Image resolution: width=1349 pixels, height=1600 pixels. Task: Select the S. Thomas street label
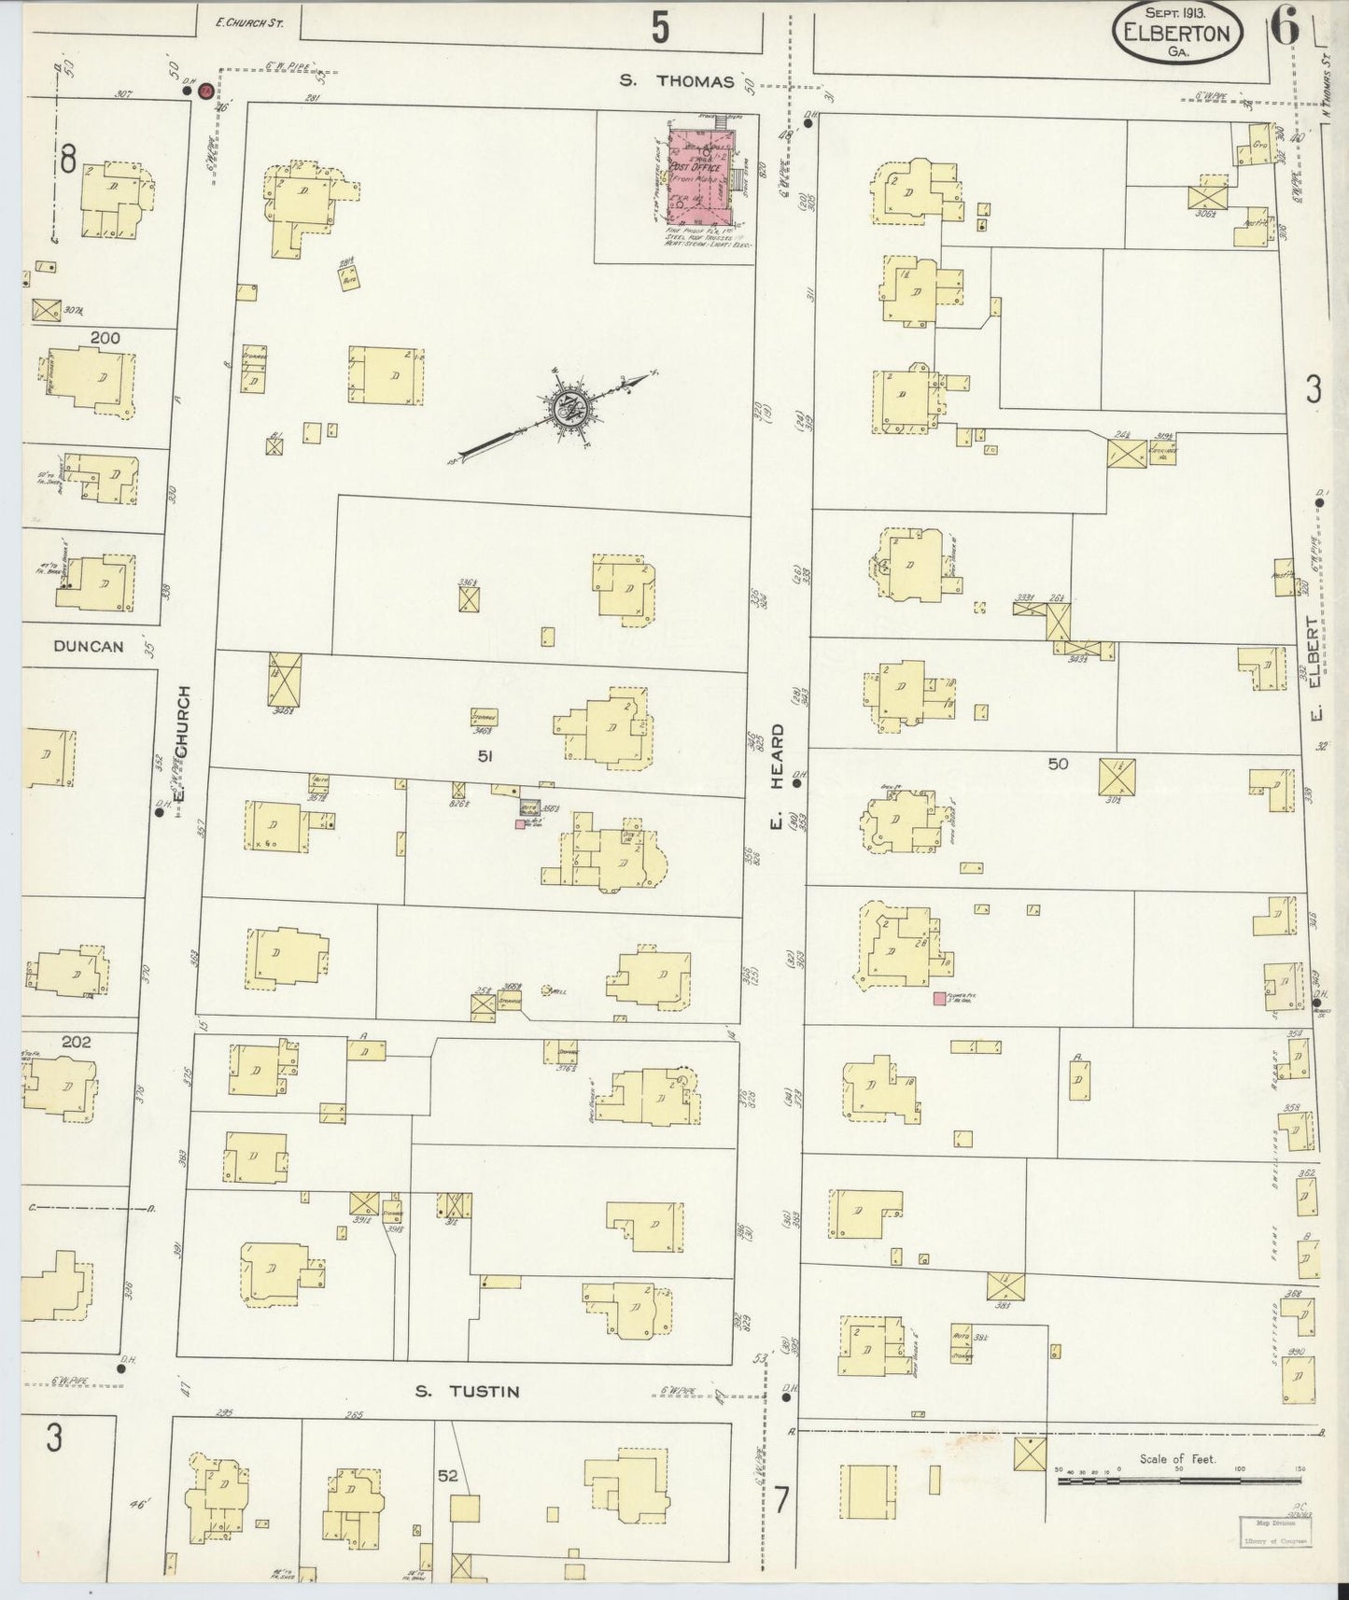[678, 81]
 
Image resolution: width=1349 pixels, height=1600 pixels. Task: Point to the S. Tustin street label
[467, 1392]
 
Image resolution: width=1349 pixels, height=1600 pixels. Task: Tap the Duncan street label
[89, 646]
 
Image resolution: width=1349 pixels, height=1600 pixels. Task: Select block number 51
[485, 757]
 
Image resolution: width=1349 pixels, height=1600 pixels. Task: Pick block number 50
[1057, 764]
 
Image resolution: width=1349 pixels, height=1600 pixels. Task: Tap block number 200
[105, 338]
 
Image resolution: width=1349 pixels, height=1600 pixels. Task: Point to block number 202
[75, 1042]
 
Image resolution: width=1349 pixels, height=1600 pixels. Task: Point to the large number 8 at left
[68, 161]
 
